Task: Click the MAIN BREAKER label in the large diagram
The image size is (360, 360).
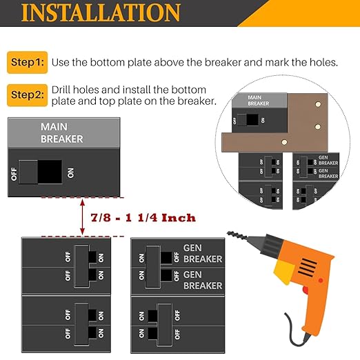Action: pyautogui.click(x=61, y=133)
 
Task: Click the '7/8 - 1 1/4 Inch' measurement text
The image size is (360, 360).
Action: pyautogui.click(x=143, y=218)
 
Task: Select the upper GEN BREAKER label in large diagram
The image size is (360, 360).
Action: pyautogui.click(x=202, y=253)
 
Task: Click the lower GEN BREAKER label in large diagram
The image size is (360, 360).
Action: pyautogui.click(x=202, y=280)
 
